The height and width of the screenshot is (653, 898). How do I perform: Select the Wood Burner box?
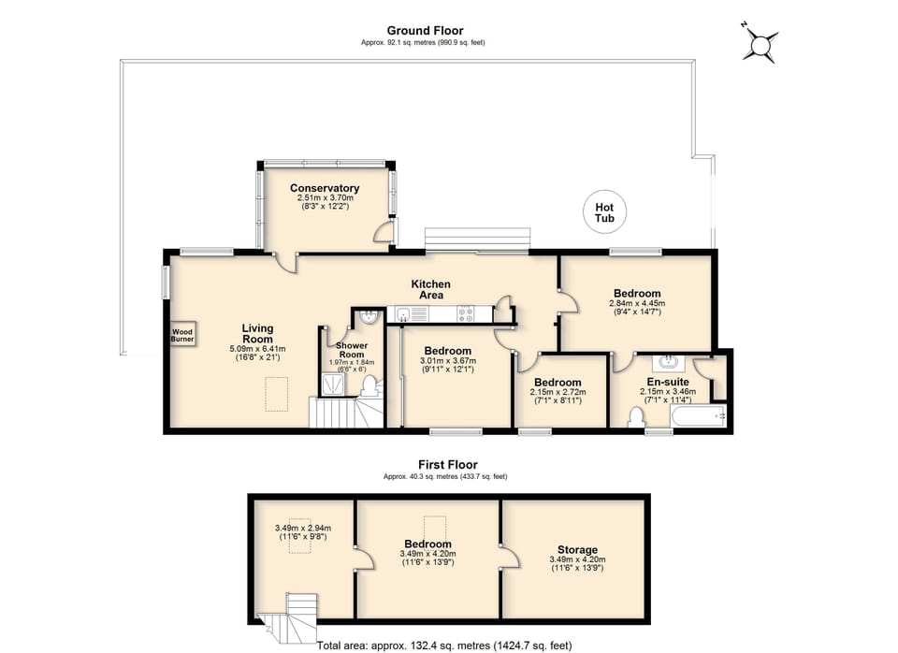point(182,335)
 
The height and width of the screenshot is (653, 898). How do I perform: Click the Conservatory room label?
point(325,188)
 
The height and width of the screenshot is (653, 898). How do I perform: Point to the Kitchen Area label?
point(431,289)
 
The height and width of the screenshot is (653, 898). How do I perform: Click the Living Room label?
point(257,334)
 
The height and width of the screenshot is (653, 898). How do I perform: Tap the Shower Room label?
point(351,350)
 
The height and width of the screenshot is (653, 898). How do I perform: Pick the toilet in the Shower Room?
point(370,385)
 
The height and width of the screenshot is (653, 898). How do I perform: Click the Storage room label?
point(576,550)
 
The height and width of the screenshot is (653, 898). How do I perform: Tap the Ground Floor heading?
point(425,31)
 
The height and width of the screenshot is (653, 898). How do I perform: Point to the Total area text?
point(444,646)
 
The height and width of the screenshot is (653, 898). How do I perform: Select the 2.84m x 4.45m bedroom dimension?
point(636,303)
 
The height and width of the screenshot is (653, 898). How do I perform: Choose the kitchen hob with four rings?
point(467,314)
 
